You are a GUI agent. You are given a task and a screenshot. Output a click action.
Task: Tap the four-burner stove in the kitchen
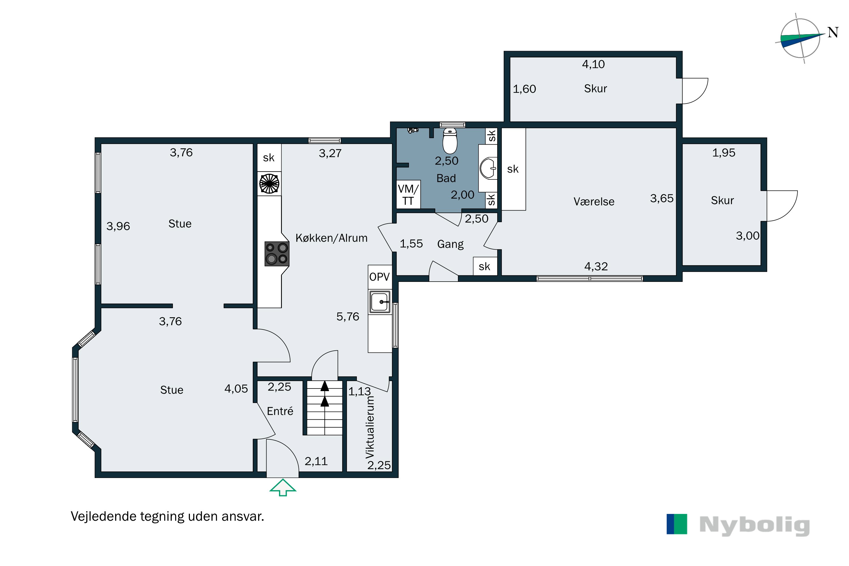coord(277,253)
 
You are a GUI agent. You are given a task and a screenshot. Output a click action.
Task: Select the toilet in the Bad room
coord(450,141)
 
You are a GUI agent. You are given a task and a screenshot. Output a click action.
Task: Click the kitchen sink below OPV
coord(380,302)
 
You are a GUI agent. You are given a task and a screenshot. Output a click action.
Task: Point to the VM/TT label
coord(408,195)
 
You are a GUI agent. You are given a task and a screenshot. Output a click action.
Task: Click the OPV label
coord(380,277)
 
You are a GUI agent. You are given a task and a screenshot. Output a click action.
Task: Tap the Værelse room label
coord(594,201)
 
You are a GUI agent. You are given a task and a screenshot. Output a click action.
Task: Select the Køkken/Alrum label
coord(331,238)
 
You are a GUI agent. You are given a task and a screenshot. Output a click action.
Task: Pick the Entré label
coord(280,411)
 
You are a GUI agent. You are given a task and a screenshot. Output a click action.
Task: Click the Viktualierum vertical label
coord(370,427)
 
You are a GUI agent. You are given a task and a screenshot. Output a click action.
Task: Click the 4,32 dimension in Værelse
coord(596,266)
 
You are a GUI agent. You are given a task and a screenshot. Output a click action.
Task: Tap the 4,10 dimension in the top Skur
coord(593,64)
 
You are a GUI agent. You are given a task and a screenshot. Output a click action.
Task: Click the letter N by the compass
coord(833,33)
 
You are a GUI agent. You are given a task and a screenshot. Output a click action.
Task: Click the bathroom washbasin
coord(488,168)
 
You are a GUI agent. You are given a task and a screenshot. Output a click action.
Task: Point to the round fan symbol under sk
coord(269,184)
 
